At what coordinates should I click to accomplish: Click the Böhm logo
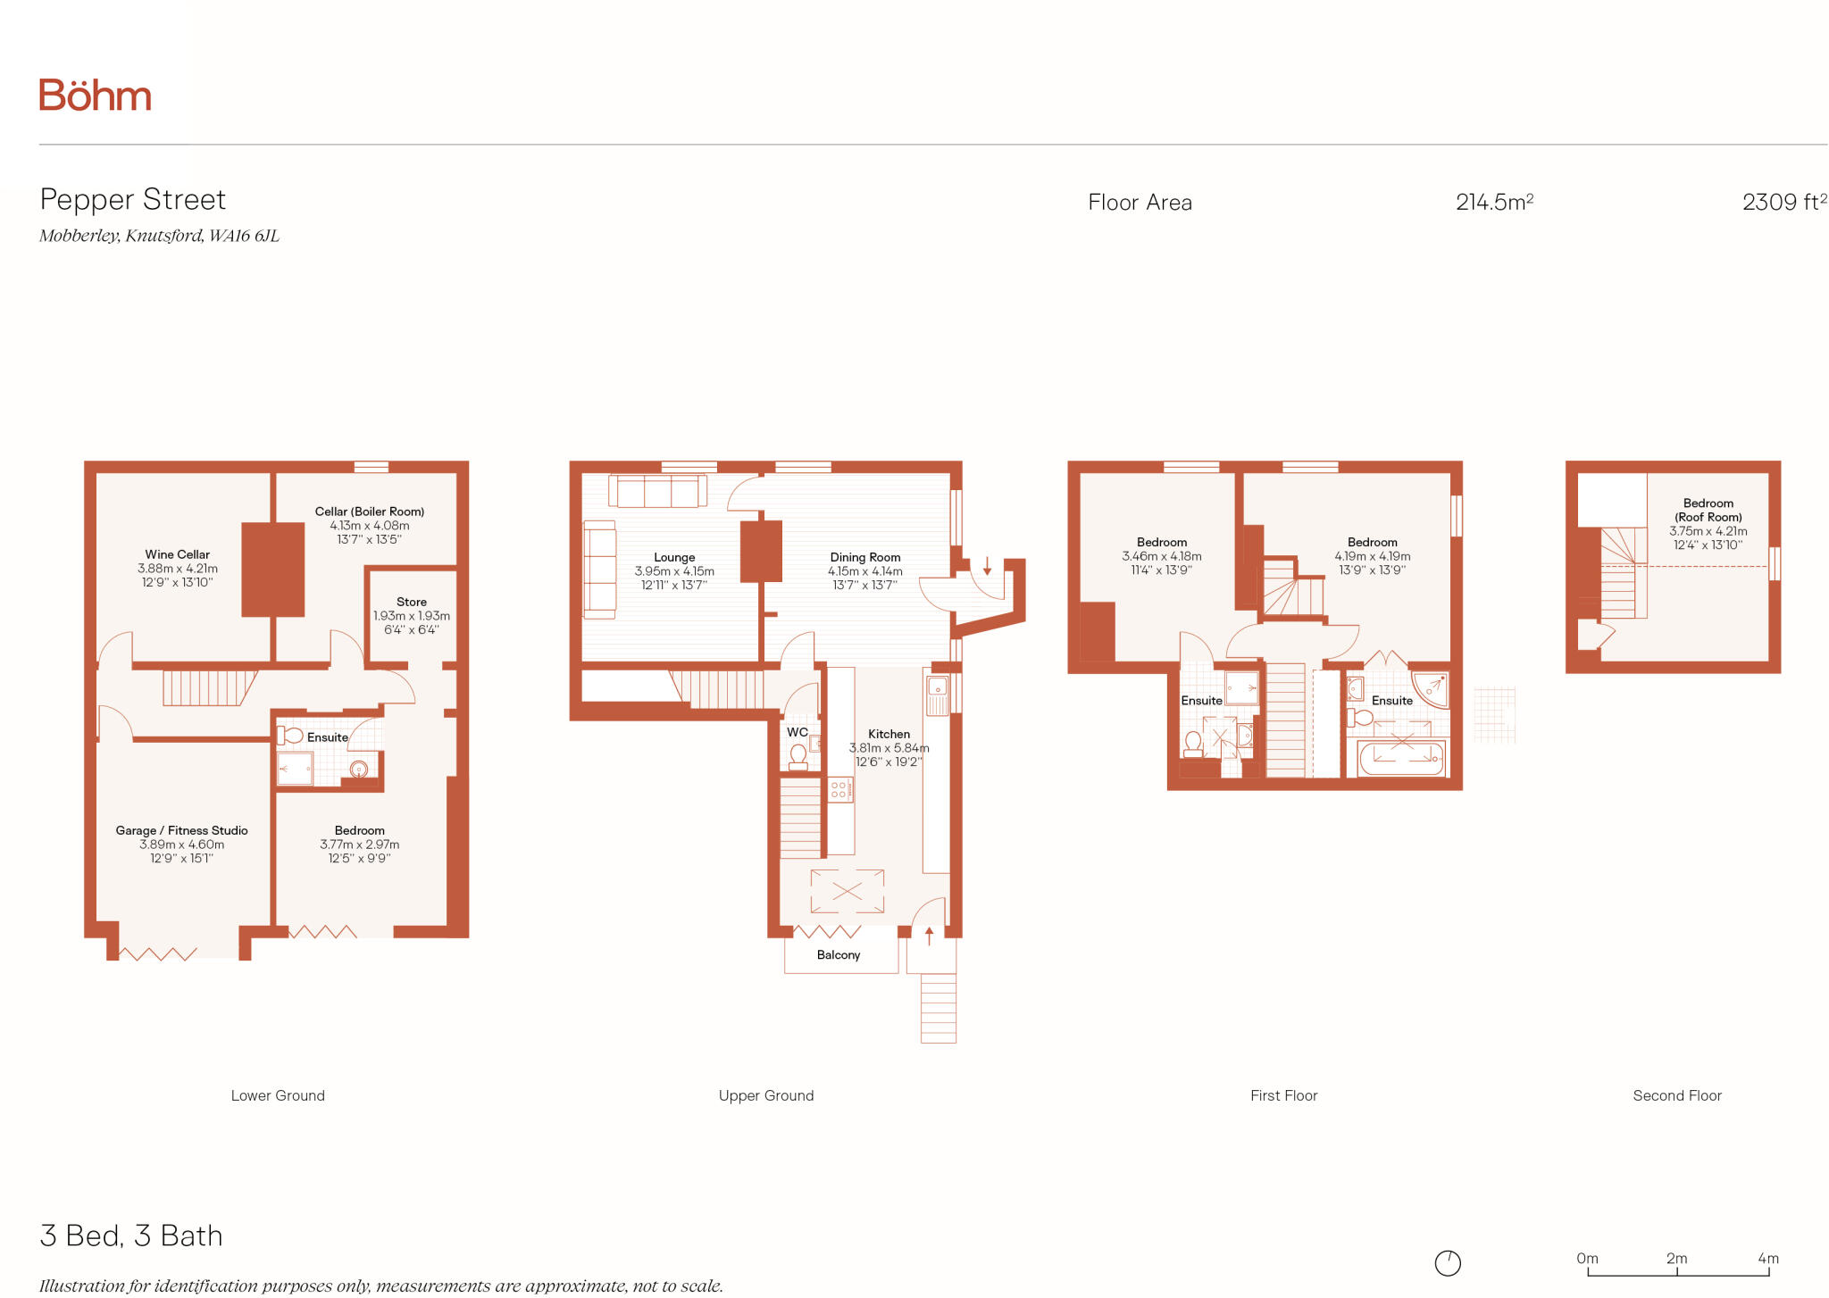pos(95,96)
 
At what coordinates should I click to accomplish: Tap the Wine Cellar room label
pos(177,555)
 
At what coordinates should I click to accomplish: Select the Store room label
pos(412,603)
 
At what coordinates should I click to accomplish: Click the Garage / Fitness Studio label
pos(181,831)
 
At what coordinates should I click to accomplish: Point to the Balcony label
pos(839,955)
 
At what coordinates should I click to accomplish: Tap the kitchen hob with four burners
pos(839,789)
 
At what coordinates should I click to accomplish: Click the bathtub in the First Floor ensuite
pos(1400,759)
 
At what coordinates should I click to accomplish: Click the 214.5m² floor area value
pos(1494,203)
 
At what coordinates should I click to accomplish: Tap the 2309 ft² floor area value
pos(1783,203)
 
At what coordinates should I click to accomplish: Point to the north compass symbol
pos(1448,1263)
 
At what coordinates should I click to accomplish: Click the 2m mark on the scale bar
pos(1676,1260)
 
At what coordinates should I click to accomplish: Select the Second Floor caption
pos(1676,1096)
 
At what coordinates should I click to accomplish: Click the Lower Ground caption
pos(278,1096)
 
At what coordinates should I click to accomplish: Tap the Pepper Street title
pos(133,200)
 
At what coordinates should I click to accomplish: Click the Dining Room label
pos(864,558)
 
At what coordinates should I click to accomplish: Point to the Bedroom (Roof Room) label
pos(1708,511)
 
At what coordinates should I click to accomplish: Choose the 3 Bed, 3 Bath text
pos(131,1236)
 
